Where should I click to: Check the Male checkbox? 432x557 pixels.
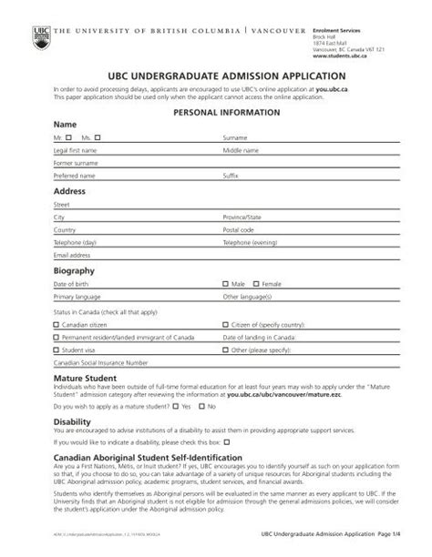[x=226, y=284]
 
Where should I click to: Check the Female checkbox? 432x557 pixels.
[x=256, y=284]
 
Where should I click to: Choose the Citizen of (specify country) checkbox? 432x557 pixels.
[x=226, y=323]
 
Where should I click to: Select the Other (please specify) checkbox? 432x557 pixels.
[x=226, y=349]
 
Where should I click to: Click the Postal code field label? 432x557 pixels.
[x=239, y=231]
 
